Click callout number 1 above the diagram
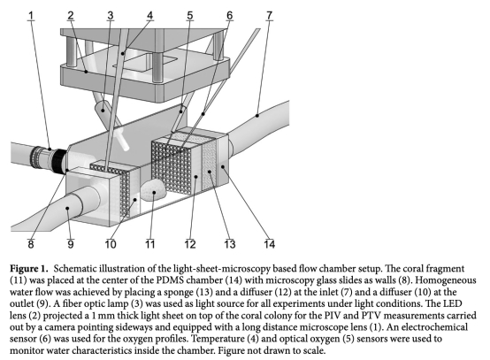31,15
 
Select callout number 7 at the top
269,15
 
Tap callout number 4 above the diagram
150,15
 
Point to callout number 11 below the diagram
149,244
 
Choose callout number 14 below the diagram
270,244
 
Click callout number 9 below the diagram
71,244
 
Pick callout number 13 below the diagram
230,244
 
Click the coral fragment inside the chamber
153,191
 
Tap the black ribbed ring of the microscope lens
58,161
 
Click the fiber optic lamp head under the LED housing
103,111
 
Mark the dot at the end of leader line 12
196,177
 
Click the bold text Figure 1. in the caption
29,268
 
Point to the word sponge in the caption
178,293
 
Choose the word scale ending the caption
314,350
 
